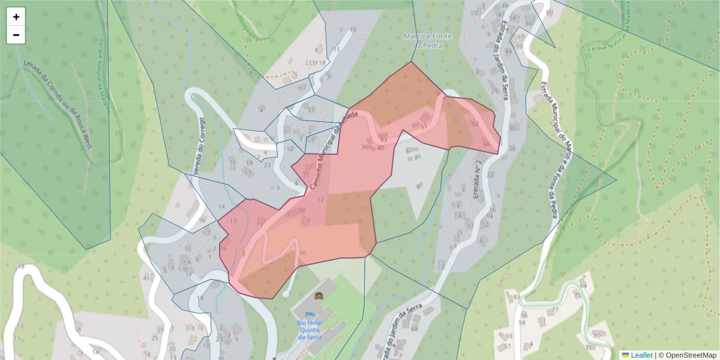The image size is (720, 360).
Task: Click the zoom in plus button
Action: point(16,17)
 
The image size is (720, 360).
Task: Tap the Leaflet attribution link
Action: point(641,355)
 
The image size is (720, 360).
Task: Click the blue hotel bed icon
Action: point(309,313)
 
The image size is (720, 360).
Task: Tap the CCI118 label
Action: point(315,62)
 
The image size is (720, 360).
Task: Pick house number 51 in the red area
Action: point(424,127)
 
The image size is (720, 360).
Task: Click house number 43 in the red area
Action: point(383,139)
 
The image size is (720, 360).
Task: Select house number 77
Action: point(555,310)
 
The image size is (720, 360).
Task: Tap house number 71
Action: point(589,347)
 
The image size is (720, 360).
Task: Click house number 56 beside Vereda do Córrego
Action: point(202,220)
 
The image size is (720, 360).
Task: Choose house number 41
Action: point(146,278)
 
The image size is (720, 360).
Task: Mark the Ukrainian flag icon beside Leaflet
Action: point(625,355)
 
